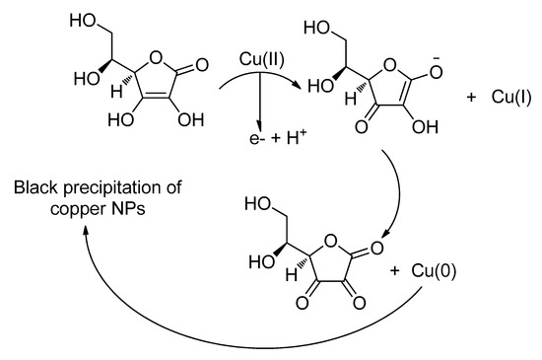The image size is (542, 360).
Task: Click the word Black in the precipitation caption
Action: [34, 187]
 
